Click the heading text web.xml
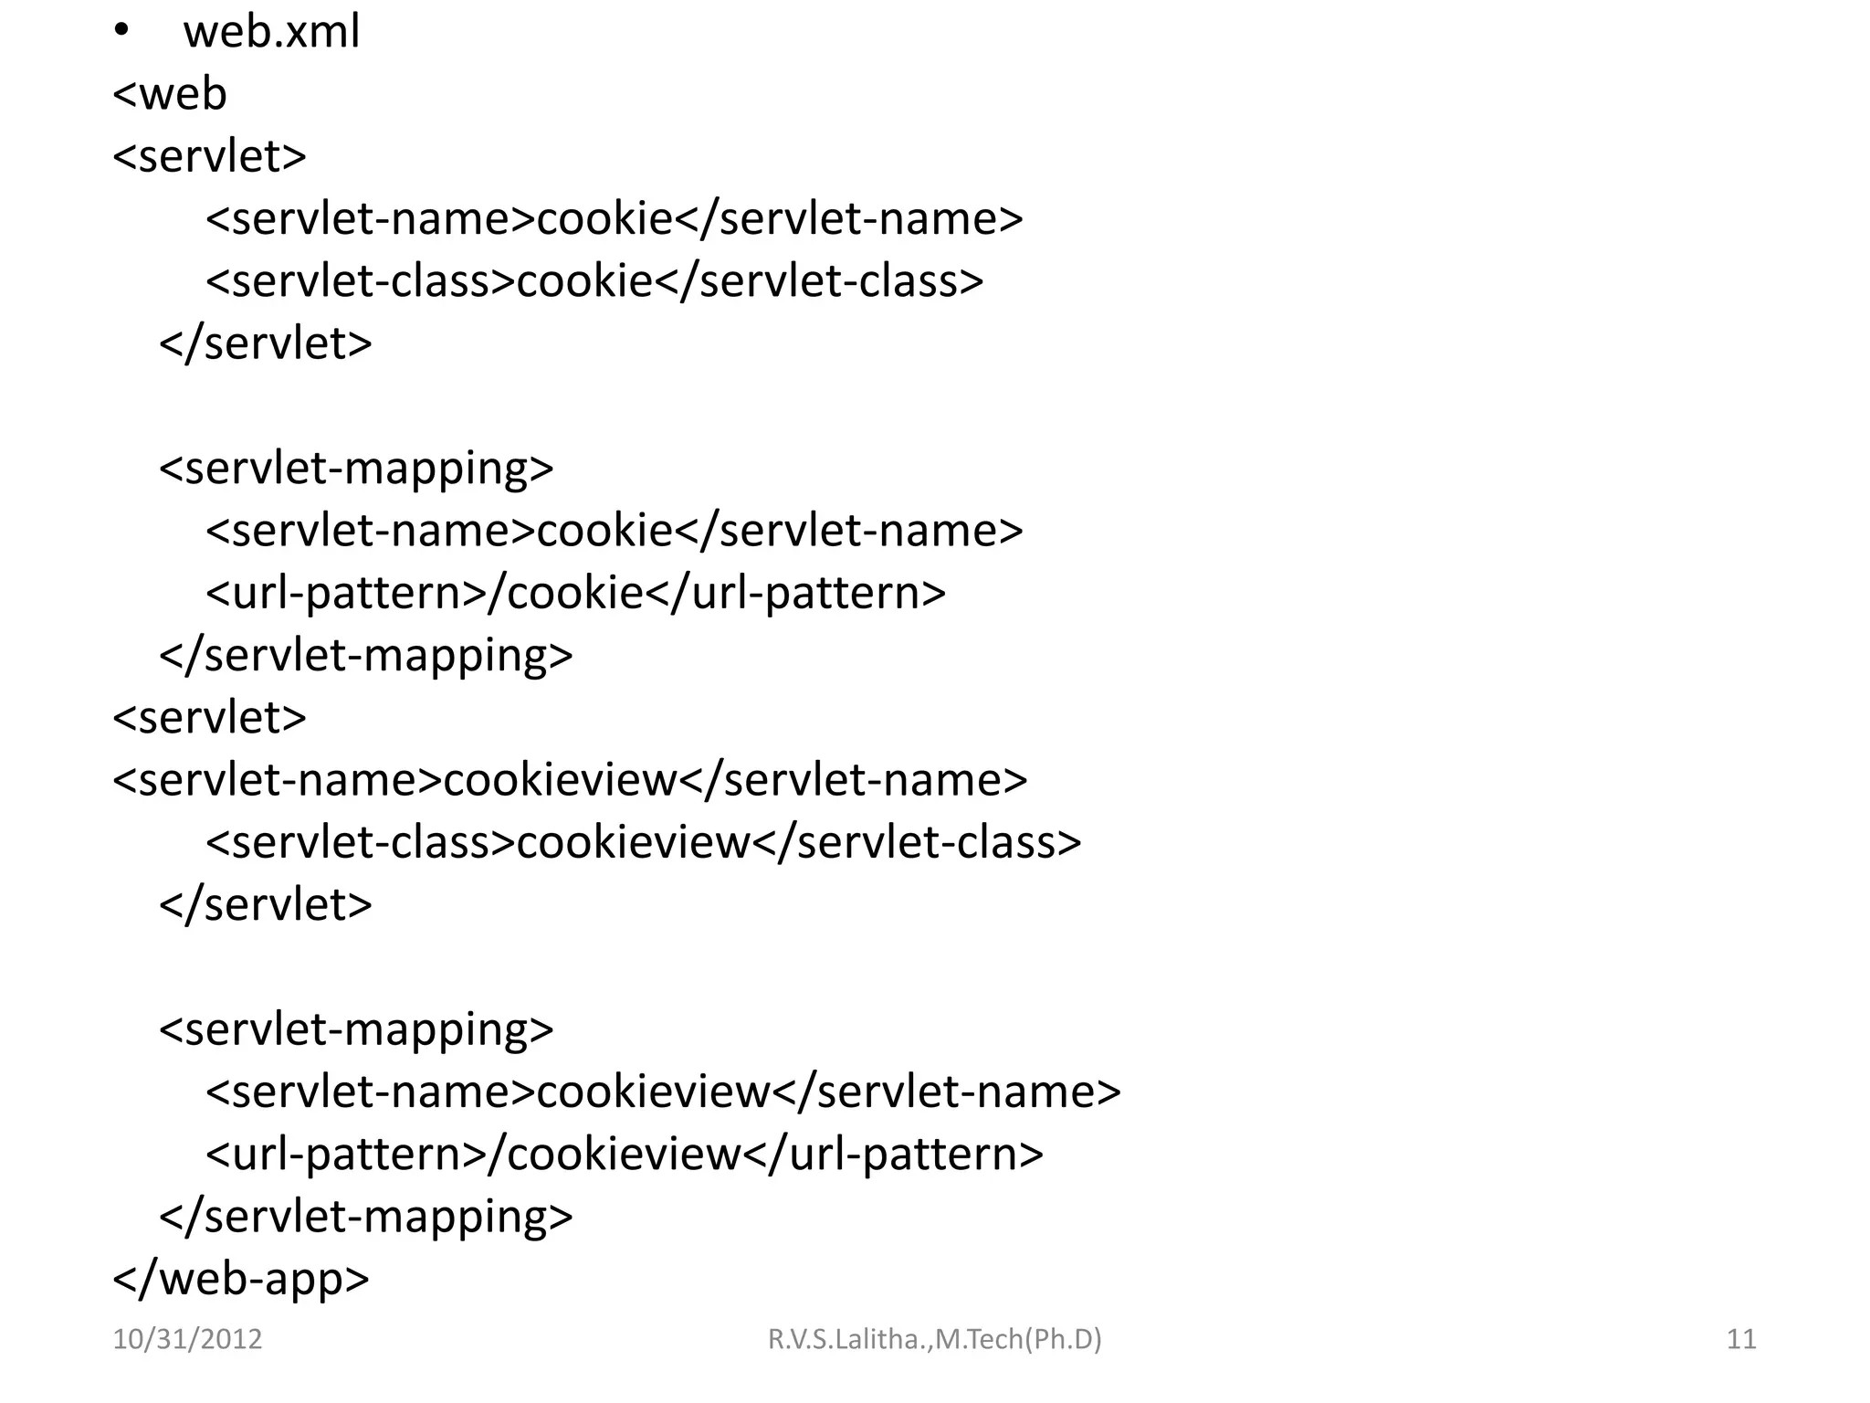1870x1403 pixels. pos(271,32)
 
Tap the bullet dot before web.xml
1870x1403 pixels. pos(122,31)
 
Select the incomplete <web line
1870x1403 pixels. pos(170,94)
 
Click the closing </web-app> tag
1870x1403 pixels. pos(241,1278)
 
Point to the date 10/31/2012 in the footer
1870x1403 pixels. pos(187,1339)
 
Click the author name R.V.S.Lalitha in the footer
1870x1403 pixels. pos(934,1339)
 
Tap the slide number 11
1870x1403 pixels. pos(1741,1339)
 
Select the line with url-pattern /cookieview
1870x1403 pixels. pos(625,1154)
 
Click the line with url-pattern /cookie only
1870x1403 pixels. pos(576,593)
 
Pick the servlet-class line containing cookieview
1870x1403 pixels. pos(644,842)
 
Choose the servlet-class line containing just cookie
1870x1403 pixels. pos(595,281)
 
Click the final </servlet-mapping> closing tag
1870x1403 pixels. pos(366,1217)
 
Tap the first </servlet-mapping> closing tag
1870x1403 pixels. pos(366,656)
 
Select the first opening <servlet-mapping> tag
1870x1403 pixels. pos(356,469)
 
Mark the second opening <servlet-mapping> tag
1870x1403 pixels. pos(356,1029)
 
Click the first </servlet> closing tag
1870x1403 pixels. pos(266,343)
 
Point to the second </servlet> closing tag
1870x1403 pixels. pos(266,904)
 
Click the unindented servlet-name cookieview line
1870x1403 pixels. pos(571,780)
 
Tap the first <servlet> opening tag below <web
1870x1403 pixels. pos(210,156)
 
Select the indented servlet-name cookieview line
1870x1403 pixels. pos(664,1092)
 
